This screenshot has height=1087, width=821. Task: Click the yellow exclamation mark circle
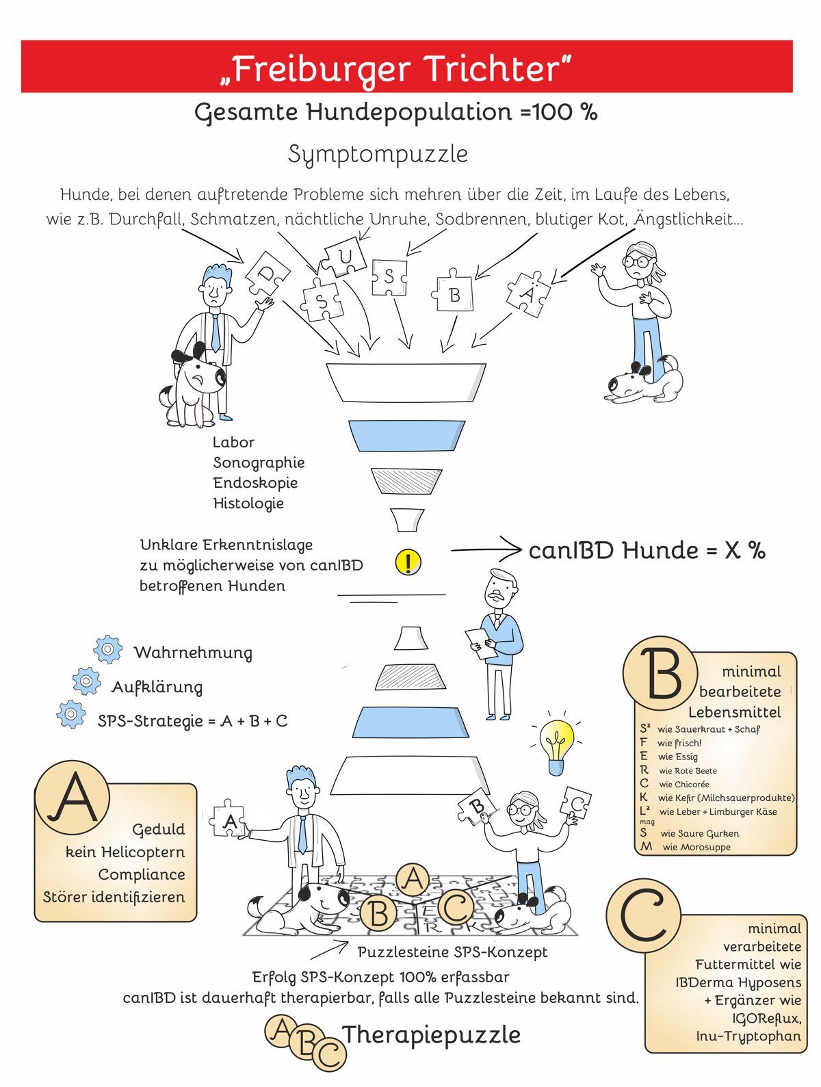pyautogui.click(x=408, y=562)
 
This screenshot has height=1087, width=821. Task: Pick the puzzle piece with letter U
pyautogui.click(x=343, y=257)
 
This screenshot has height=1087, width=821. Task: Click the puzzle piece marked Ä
pyautogui.click(x=528, y=294)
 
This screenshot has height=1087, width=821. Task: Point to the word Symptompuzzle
pyautogui.click(x=378, y=154)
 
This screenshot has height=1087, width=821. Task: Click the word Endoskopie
pyautogui.click(x=255, y=482)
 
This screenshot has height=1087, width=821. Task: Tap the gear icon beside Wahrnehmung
pyautogui.click(x=107, y=649)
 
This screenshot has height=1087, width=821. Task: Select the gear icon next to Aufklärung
pyautogui.click(x=86, y=681)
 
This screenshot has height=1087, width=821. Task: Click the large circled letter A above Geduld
pyautogui.click(x=73, y=798)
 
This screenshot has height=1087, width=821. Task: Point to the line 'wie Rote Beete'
pyautogui.click(x=688, y=770)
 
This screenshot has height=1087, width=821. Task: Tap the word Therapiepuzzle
pyautogui.click(x=431, y=1034)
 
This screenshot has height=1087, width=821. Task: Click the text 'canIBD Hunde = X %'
pyautogui.click(x=647, y=550)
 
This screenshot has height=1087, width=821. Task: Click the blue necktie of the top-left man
pyautogui.click(x=216, y=332)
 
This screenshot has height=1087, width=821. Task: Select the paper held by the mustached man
pyautogui.click(x=481, y=643)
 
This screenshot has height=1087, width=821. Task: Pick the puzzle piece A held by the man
pyautogui.click(x=228, y=819)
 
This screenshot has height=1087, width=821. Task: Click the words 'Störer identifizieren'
pyautogui.click(x=114, y=897)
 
